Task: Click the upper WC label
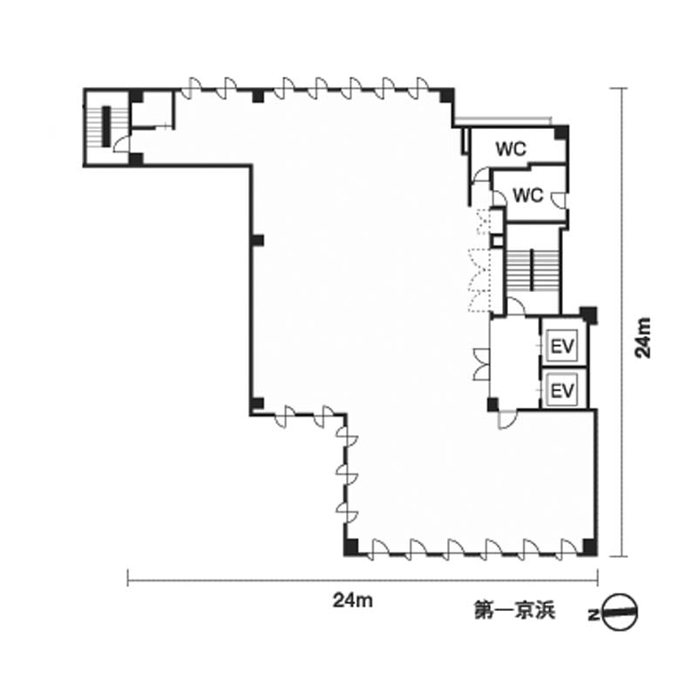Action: [511, 149]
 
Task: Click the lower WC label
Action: [528, 195]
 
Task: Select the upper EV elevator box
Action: [562, 346]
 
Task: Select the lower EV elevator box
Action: [562, 390]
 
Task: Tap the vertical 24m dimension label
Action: [643, 337]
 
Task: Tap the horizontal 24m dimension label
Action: [353, 601]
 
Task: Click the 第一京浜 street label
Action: [515, 611]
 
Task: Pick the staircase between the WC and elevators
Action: [533, 270]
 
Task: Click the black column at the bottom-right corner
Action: [589, 547]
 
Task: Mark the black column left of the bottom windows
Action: [351, 547]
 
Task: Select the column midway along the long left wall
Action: [258, 241]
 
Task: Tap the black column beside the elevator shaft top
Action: [589, 315]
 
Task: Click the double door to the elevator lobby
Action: [481, 364]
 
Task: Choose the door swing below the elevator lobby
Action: [507, 419]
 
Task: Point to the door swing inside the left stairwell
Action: [122, 144]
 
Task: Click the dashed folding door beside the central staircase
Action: [479, 280]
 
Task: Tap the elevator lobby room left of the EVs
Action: [515, 363]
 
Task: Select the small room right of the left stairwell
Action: [152, 109]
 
